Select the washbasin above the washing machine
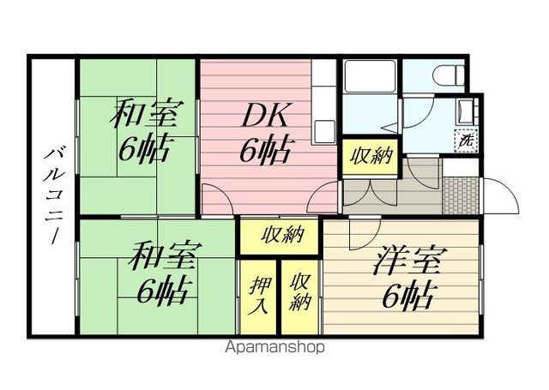468,111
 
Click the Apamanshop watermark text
274,348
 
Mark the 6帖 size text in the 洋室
402,297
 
